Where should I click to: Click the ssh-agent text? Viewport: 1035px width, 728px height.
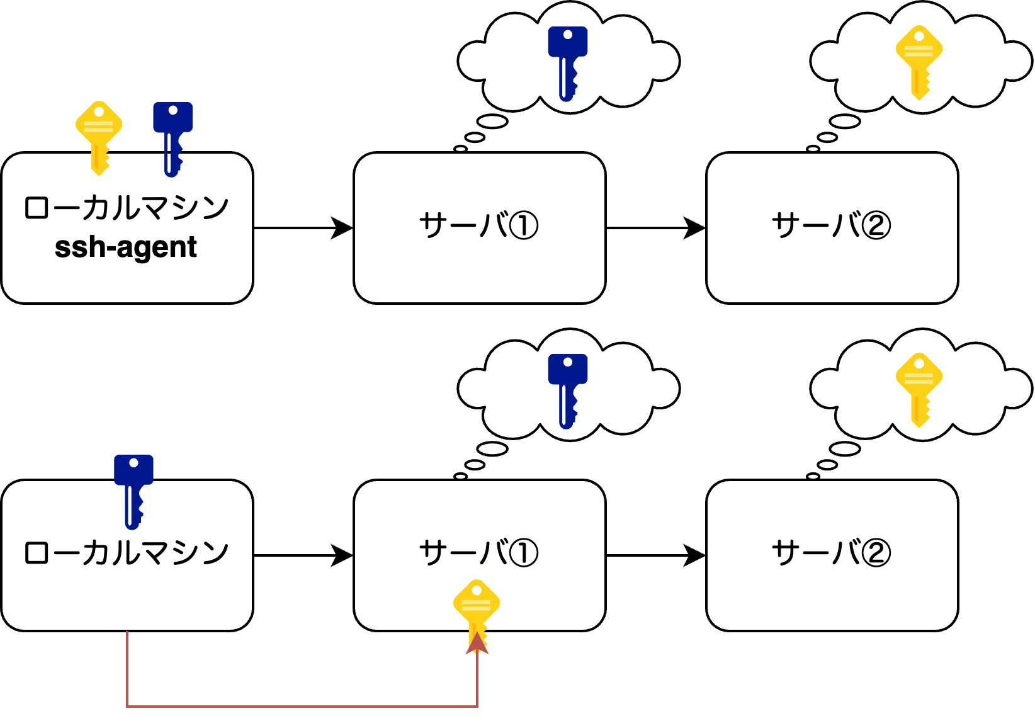click(x=126, y=247)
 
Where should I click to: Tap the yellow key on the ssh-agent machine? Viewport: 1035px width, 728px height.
click(x=99, y=135)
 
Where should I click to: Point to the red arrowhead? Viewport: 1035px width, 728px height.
click(x=477, y=644)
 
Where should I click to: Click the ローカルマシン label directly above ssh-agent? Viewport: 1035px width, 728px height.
click(x=126, y=208)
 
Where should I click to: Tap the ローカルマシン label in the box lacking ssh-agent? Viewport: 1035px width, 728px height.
click(x=126, y=553)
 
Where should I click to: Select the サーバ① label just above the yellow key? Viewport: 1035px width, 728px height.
click(x=478, y=553)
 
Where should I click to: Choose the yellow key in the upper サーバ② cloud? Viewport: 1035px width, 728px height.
click(x=919, y=60)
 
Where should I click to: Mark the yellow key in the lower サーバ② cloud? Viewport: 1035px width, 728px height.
click(x=919, y=388)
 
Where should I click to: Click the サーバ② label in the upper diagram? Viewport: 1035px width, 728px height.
click(x=831, y=225)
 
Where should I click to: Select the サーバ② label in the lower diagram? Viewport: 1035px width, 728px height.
click(x=831, y=553)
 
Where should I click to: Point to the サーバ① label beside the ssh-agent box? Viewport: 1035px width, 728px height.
click(x=478, y=225)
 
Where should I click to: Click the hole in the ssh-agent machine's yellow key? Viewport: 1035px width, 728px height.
click(x=99, y=111)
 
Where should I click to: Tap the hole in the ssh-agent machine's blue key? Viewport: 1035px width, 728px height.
click(x=173, y=110)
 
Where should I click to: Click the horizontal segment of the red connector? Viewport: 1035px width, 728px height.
click(x=302, y=707)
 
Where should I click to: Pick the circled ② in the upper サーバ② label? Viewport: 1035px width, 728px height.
click(x=876, y=226)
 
